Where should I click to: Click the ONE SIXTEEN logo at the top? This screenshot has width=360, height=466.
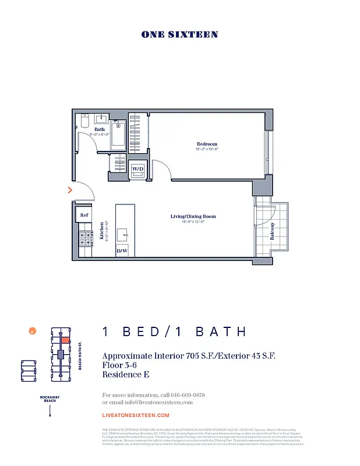coord(179,35)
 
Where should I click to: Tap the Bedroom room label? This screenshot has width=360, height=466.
coord(207,144)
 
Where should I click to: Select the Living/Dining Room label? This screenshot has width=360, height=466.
coord(188,217)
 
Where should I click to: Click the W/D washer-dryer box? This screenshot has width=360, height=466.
coord(138,169)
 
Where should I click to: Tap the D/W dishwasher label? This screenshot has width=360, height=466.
coord(122,251)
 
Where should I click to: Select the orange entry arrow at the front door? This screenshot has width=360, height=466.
coord(70,190)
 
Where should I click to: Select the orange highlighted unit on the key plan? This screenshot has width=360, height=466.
coord(66,340)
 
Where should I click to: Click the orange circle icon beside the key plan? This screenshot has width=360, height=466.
coord(33,331)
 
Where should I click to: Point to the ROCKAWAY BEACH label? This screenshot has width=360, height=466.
coord(50,399)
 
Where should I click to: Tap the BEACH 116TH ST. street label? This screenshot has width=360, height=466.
coord(80,355)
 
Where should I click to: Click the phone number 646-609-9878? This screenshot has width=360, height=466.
coord(186,395)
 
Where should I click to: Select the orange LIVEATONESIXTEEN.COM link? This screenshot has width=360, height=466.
coord(136,415)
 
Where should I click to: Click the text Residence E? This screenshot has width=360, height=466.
coord(125,375)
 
